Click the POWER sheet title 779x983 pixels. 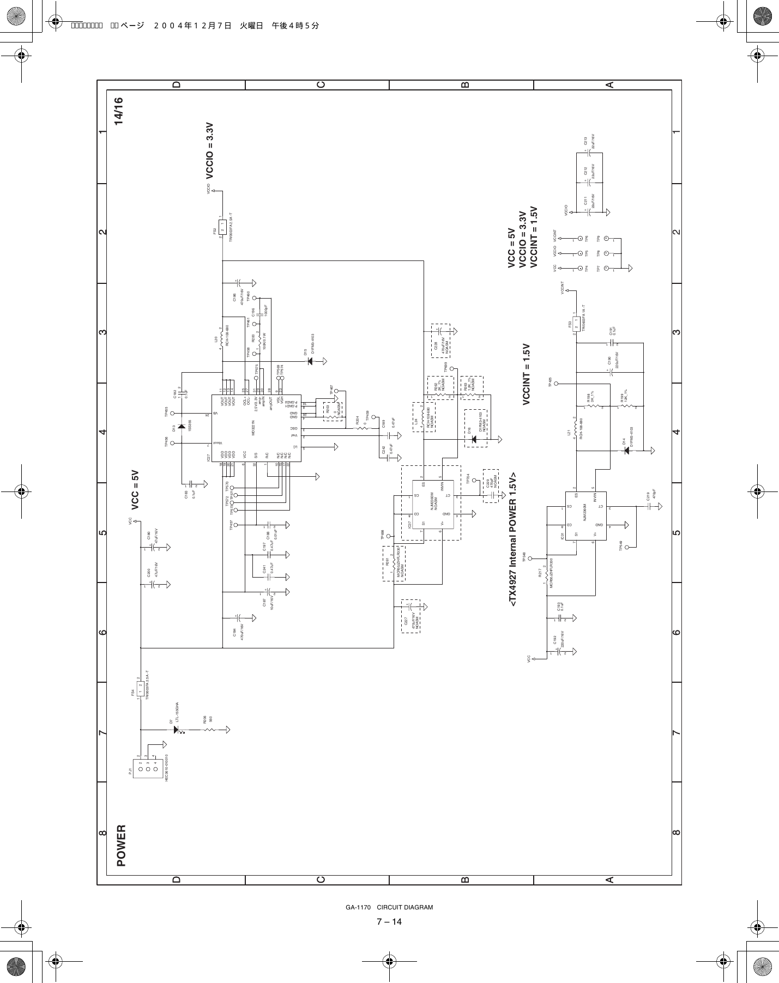120,846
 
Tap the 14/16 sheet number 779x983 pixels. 119,112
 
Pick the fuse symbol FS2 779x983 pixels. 222,226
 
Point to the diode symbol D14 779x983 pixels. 626,451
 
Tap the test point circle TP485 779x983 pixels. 557,384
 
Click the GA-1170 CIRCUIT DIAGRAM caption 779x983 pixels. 389,907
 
